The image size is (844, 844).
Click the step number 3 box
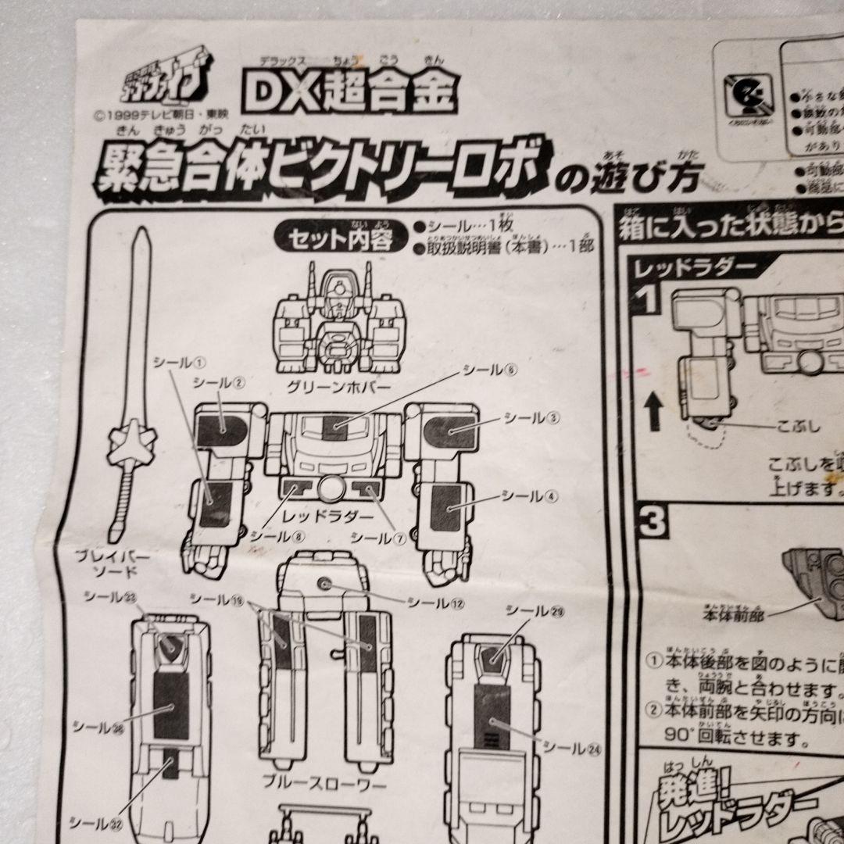point(652,522)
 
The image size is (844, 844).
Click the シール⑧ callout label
point(270,537)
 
